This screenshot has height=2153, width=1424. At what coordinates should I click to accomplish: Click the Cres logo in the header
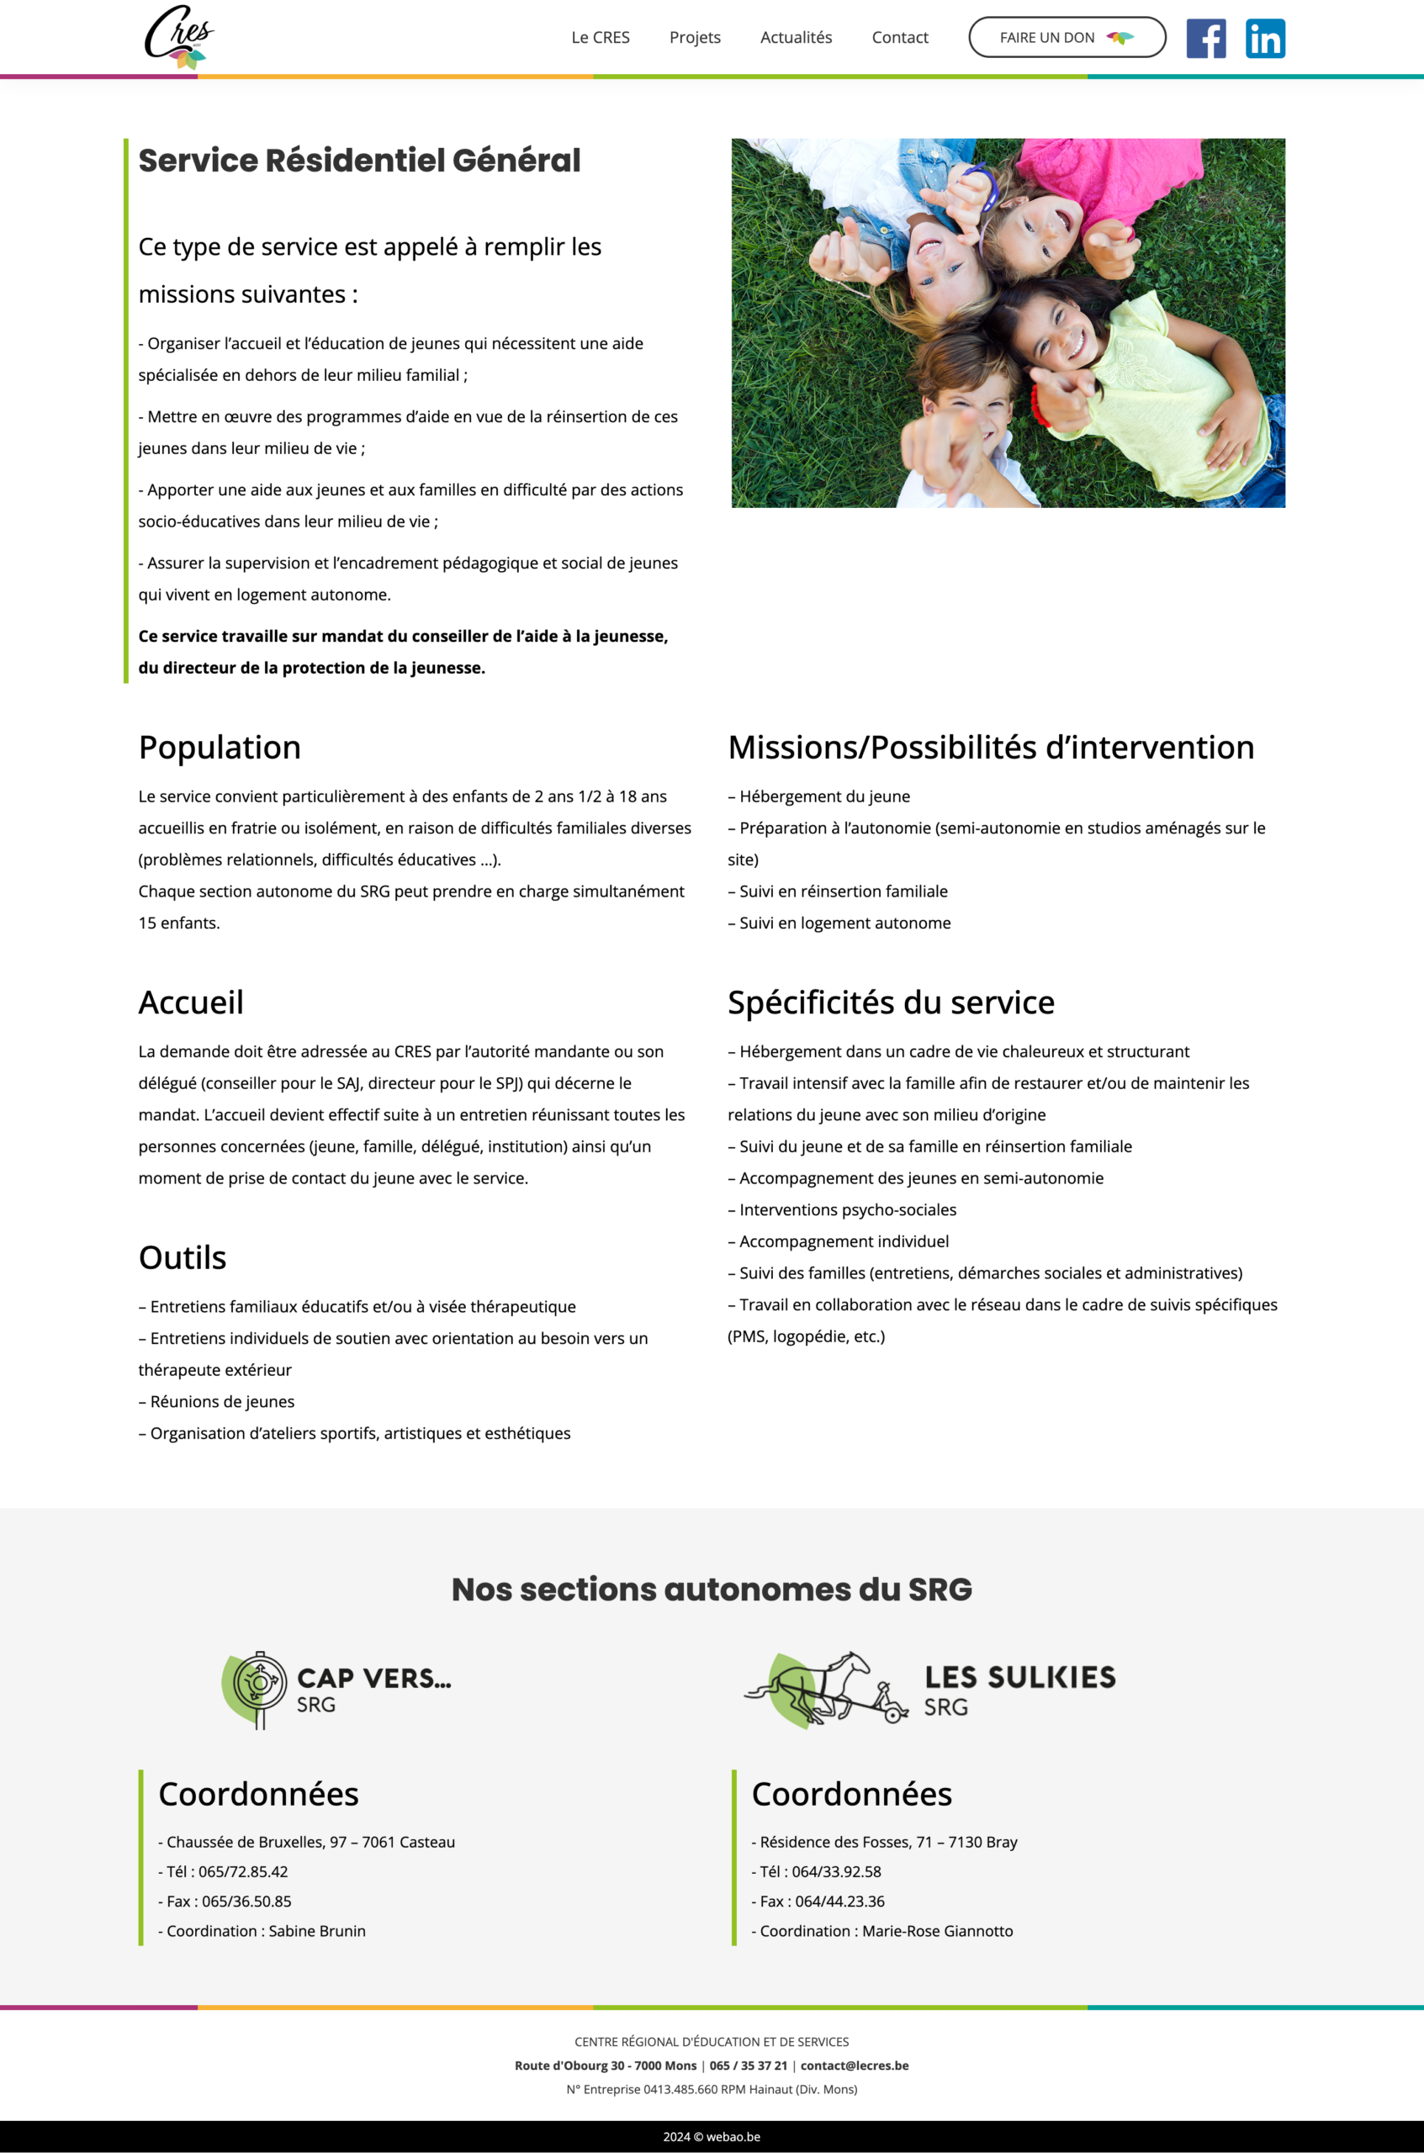pos(180,37)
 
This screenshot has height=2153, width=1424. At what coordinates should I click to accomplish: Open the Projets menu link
pos(695,37)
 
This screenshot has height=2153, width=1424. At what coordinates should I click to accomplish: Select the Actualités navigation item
pos(796,37)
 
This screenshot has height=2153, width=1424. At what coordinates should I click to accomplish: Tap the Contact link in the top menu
pos(899,37)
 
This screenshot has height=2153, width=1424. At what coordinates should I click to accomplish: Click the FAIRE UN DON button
pos(1067,37)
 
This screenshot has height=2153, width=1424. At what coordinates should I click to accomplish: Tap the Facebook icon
pos(1205,38)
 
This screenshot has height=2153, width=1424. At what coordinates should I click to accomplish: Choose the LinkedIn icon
pos(1264,38)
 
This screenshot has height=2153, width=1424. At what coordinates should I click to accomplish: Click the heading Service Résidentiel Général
pos(358,161)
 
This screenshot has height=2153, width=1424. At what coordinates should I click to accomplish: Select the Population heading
pos(219,748)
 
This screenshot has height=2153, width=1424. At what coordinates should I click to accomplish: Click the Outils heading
pos(182,1257)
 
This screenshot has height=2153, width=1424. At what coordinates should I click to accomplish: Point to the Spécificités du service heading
pos(890,1002)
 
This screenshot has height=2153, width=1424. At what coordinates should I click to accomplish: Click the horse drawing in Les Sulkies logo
pos(822,1687)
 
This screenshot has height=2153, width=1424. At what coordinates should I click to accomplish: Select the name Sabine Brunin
pos(317,1930)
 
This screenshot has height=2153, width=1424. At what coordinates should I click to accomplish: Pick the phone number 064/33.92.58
pos(835,1871)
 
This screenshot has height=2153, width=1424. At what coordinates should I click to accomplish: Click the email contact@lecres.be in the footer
pos(854,2066)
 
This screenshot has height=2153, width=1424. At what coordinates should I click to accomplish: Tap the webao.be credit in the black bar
pos(733,2137)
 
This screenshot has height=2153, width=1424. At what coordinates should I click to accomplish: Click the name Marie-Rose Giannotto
pos(937,1930)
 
